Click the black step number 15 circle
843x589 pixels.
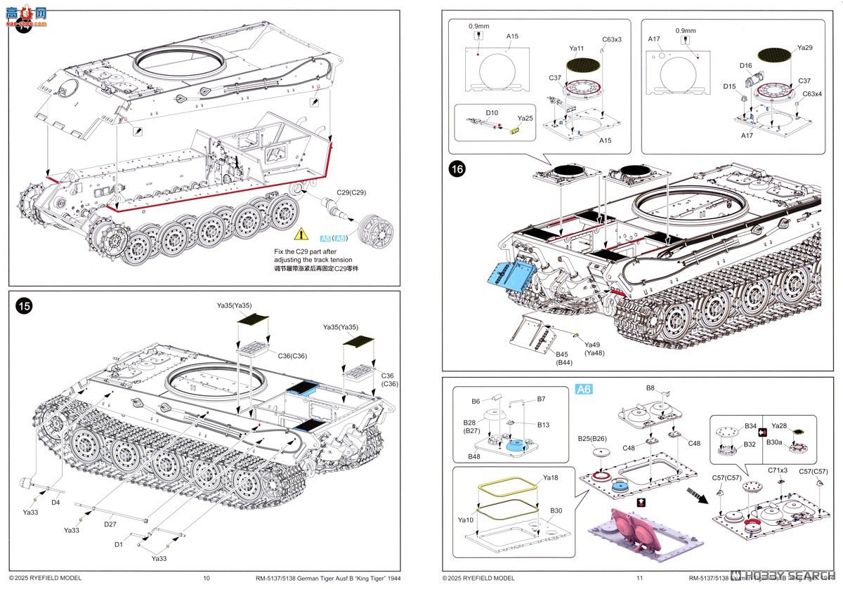tap(25, 306)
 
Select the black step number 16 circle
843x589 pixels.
tap(458, 172)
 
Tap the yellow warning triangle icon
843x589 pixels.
tap(301, 234)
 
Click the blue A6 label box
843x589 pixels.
tap(584, 390)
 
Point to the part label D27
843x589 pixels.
tap(109, 524)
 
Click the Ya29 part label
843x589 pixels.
tap(804, 47)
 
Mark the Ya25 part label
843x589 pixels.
tap(525, 118)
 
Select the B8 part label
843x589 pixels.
tap(650, 388)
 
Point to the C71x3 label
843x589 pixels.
tap(777, 470)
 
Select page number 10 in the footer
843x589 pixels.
tap(206, 578)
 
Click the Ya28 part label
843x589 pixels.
tap(779, 425)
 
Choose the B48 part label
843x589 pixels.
tap(474, 456)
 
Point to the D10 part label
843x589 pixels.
tap(491, 112)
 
